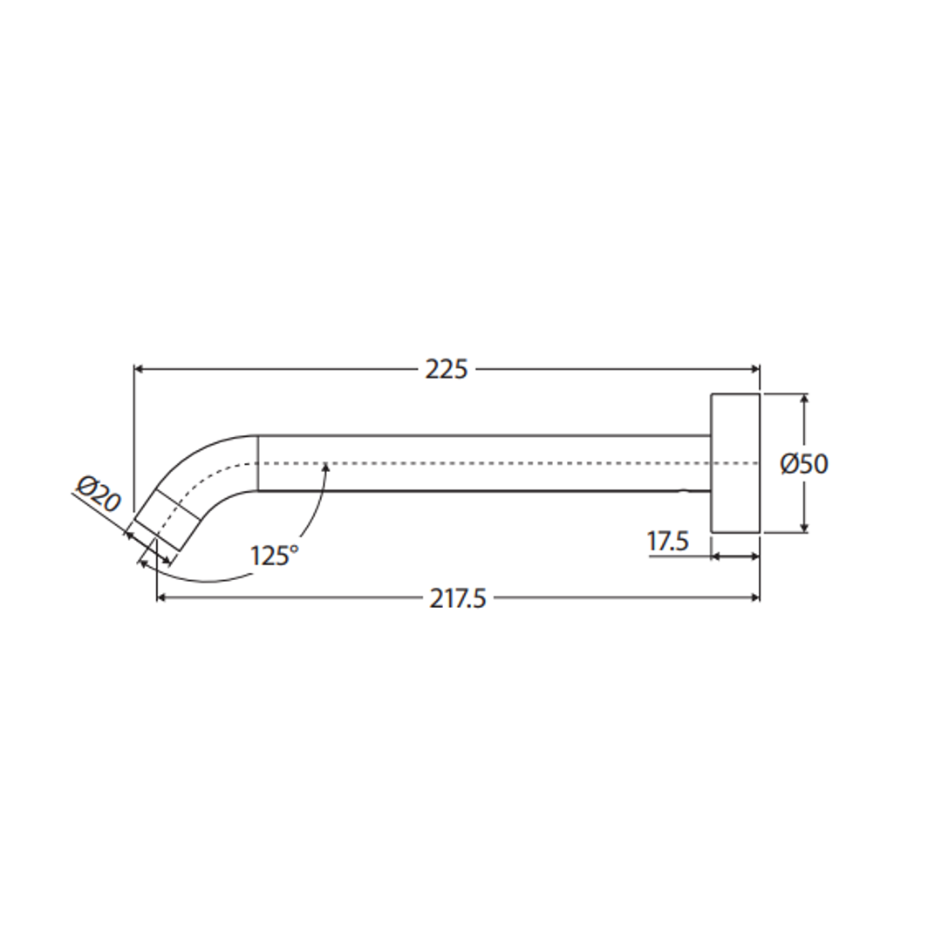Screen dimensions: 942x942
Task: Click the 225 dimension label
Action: (x=446, y=369)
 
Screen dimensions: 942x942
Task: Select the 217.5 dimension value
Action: (x=457, y=598)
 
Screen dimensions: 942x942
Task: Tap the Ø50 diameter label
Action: (x=803, y=463)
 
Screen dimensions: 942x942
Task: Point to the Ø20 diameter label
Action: (x=99, y=495)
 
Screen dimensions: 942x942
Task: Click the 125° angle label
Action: (x=274, y=556)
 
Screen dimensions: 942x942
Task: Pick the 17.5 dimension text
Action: (x=667, y=542)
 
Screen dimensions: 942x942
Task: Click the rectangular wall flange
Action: (x=735, y=462)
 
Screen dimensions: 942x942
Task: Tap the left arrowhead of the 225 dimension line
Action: (x=140, y=369)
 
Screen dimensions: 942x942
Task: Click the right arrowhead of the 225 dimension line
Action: (x=754, y=369)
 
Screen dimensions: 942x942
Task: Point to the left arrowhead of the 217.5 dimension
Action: (x=162, y=598)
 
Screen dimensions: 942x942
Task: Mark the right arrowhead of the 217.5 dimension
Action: (x=754, y=598)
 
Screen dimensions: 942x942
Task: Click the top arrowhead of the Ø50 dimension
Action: (x=804, y=399)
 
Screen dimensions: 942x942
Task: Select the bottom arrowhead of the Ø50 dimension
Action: (x=804, y=527)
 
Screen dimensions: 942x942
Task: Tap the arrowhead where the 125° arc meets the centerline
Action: (x=326, y=469)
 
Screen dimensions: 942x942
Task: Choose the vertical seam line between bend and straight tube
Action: (x=258, y=463)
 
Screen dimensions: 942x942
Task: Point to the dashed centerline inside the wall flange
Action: (x=735, y=463)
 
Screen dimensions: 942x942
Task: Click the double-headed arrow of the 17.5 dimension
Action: (x=735, y=556)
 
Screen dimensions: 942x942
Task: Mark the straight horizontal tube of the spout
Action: (x=484, y=463)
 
